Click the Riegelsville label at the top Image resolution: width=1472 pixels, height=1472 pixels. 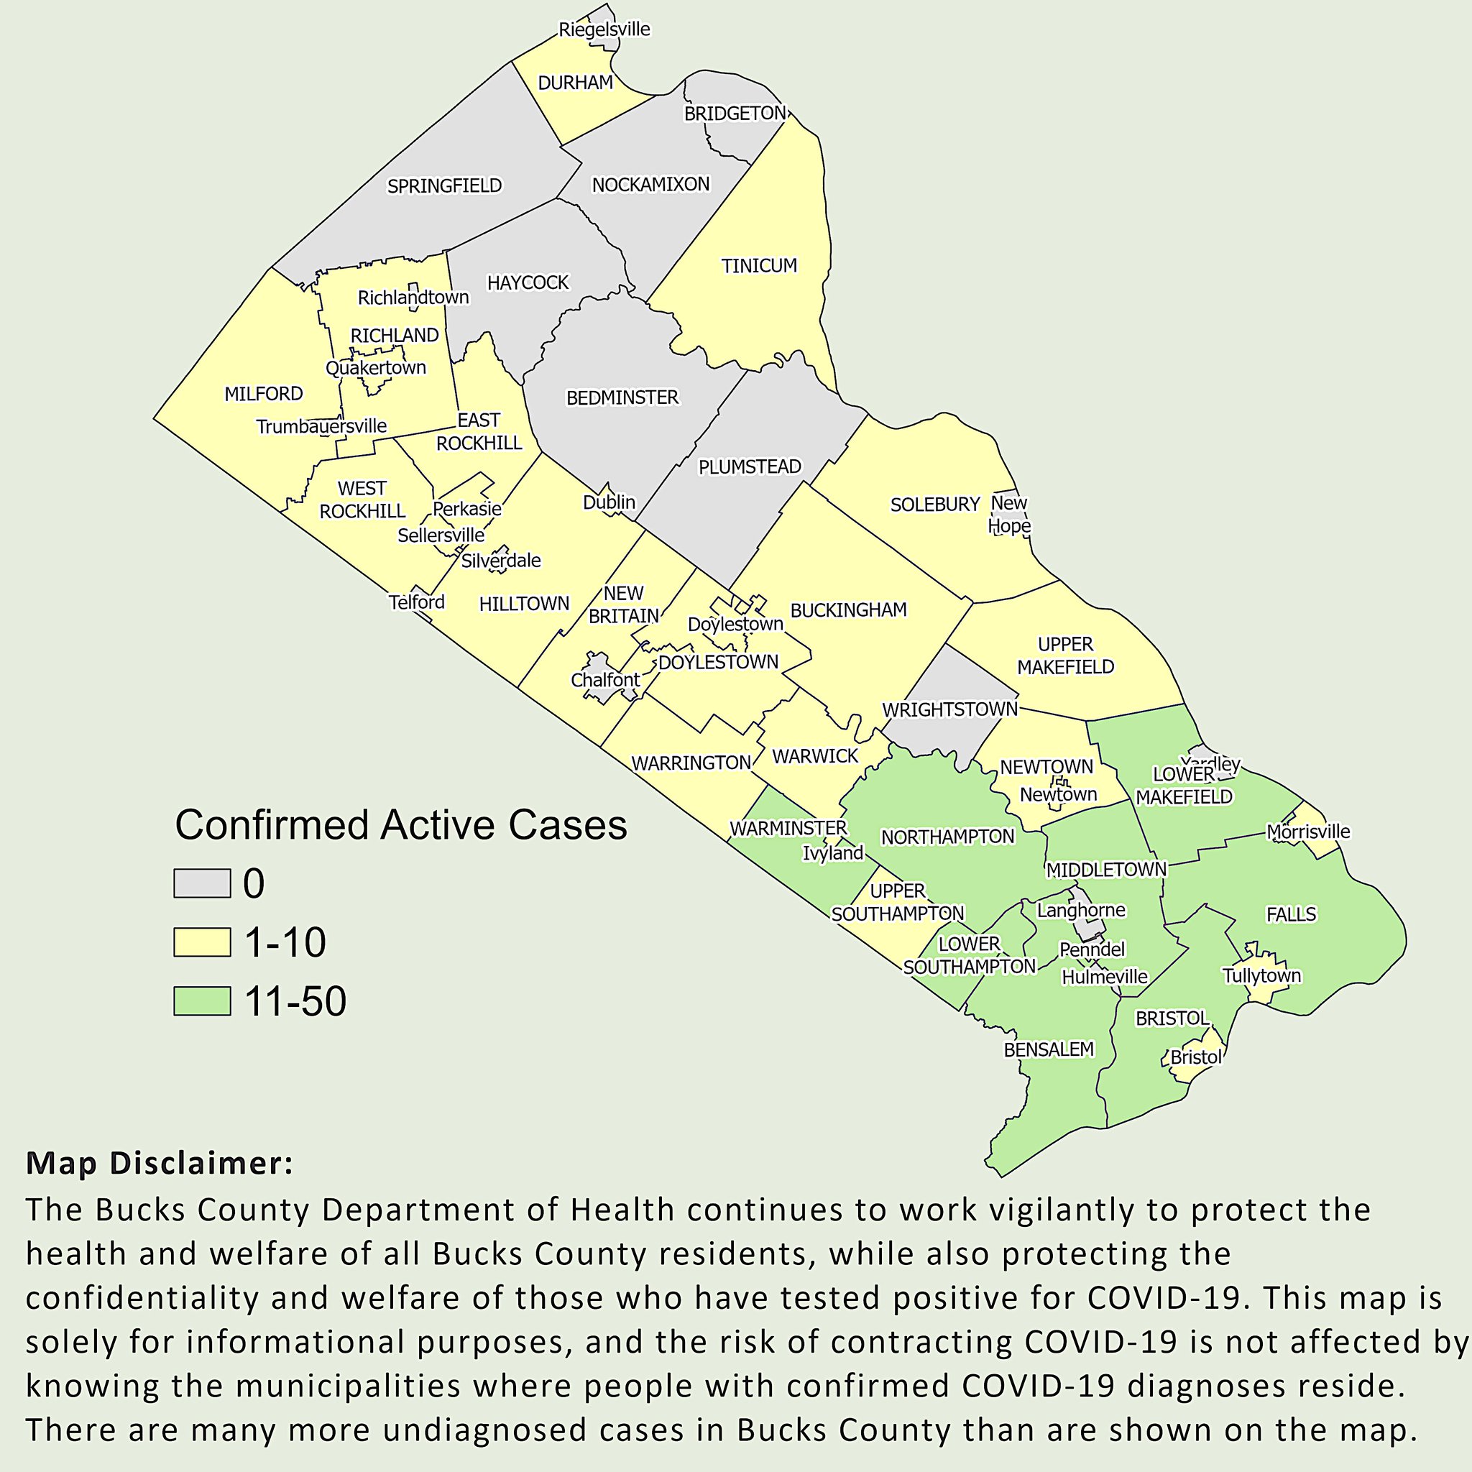604,29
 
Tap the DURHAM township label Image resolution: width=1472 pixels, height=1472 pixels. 575,82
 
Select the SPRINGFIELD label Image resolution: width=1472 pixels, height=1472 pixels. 444,186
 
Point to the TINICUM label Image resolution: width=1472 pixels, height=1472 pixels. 759,266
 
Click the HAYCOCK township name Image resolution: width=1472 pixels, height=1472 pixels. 528,282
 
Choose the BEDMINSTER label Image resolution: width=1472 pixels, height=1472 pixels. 622,397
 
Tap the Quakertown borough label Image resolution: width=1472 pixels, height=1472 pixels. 376,368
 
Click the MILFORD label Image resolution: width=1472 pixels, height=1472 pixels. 264,394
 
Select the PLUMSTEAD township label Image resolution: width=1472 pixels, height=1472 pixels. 750,467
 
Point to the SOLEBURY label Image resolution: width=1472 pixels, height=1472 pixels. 935,505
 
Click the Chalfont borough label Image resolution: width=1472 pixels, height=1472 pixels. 606,680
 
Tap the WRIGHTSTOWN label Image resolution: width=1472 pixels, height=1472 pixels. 949,709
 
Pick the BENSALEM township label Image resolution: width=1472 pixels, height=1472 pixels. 1049,1050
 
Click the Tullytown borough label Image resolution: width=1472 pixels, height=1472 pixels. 1261,976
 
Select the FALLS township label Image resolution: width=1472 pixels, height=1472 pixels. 1291,914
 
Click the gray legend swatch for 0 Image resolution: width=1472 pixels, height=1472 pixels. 202,884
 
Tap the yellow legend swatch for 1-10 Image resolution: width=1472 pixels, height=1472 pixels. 202,942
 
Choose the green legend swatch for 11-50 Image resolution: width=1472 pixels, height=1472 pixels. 202,1001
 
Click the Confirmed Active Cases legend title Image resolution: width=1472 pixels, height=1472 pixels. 401,825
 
